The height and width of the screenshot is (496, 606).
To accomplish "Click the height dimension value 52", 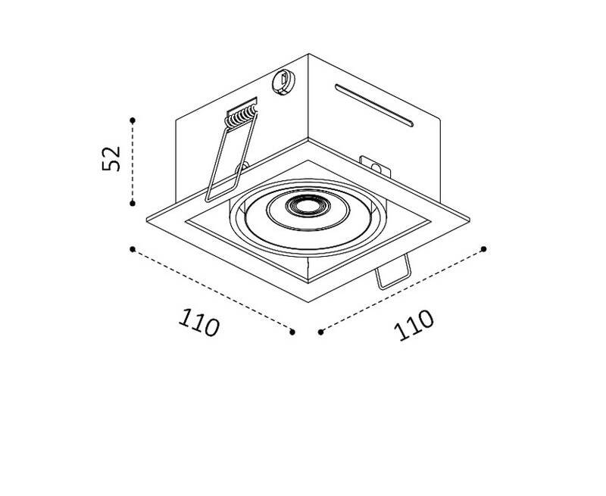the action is (111, 158).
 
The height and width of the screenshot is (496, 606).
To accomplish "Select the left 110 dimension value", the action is (199, 322).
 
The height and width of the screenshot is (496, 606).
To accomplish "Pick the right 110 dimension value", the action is (414, 325).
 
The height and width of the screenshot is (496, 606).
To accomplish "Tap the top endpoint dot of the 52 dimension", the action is (133, 120).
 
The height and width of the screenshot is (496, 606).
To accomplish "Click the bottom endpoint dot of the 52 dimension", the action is (133, 203).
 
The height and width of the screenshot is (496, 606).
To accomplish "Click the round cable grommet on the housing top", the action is (283, 82).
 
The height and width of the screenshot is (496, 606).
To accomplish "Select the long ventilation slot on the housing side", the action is (374, 105).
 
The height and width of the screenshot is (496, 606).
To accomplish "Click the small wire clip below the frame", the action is (393, 273).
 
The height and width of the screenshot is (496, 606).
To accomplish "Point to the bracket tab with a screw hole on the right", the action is (375, 167).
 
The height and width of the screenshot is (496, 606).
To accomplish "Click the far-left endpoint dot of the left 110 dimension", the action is (133, 249).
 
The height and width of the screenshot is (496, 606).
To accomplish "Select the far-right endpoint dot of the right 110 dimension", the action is (483, 249).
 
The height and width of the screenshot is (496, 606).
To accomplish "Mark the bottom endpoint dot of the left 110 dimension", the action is (292, 332).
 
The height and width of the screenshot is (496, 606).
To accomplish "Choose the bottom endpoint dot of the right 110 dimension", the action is (320, 332).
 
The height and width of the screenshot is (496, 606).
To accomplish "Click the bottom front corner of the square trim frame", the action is (308, 302).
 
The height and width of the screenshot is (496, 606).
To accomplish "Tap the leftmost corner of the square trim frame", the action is (147, 220).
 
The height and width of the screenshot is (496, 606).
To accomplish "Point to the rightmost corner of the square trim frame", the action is (470, 220).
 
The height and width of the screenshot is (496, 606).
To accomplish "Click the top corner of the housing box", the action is (308, 54).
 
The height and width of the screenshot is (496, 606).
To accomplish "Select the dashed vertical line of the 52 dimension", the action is (133, 162).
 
